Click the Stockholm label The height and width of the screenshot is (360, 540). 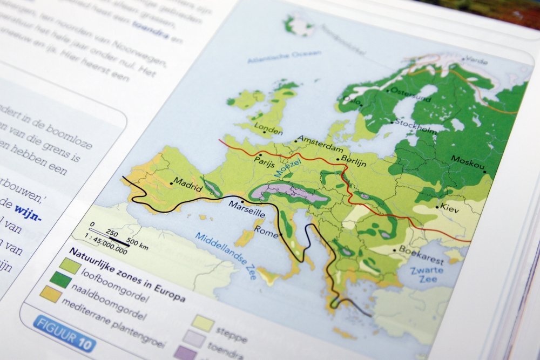(415, 124)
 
